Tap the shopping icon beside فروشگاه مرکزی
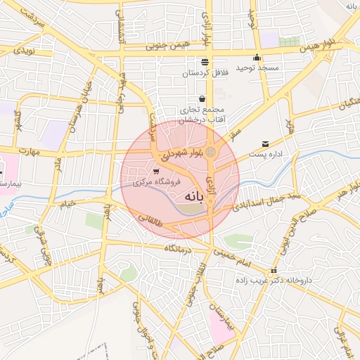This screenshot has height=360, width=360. [156, 171]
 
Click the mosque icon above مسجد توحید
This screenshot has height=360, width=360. [257, 58]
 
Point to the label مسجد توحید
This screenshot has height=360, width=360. [257, 67]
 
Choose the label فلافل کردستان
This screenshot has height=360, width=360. [202, 72]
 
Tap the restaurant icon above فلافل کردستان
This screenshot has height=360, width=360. [205, 62]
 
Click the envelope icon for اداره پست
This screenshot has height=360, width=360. [265, 143]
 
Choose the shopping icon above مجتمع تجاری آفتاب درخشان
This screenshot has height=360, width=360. [202, 98]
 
